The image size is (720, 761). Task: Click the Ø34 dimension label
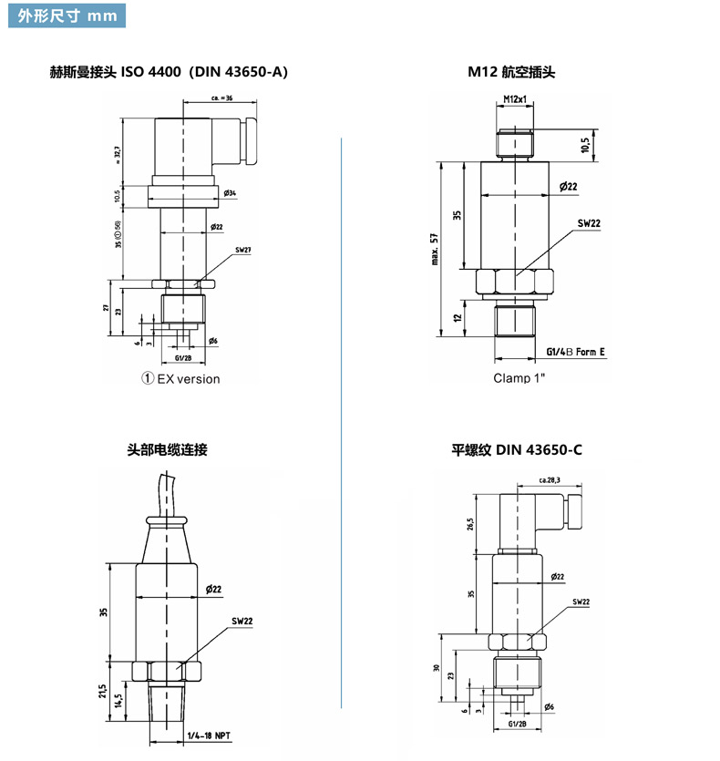coord(229,194)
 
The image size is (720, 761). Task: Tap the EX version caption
coord(180,379)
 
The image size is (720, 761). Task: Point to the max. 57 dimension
coord(436,250)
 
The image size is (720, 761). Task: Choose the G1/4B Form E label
coord(575,351)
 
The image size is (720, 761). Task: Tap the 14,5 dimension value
coord(119,701)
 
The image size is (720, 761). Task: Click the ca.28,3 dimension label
coord(550,479)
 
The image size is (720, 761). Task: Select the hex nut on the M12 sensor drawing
coord(517,282)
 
